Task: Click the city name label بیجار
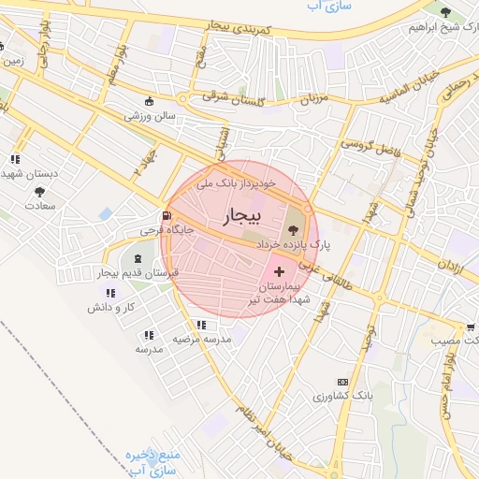pos(239,217)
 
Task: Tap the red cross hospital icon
pos(281,269)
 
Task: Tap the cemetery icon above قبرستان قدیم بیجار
pos(138,257)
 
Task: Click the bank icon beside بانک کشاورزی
pos(342,382)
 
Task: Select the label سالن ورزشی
pos(152,116)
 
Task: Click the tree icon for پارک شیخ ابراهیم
pos(444,11)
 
